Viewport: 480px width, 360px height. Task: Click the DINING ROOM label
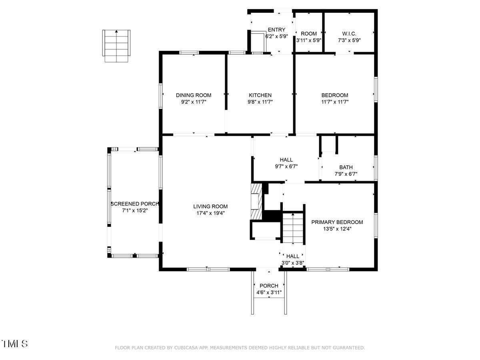click(x=194, y=95)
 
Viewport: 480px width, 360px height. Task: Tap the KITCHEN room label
click(x=260, y=95)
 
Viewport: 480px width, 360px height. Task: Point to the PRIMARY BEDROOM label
click(x=337, y=222)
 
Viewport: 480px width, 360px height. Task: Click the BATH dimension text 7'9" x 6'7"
click(x=346, y=174)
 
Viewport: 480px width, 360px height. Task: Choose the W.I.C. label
click(x=349, y=34)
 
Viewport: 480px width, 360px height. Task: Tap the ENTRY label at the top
click(x=276, y=30)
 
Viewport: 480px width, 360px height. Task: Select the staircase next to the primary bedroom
click(x=293, y=228)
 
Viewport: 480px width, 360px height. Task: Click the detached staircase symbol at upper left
click(x=116, y=45)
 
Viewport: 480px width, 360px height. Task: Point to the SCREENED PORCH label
click(x=134, y=204)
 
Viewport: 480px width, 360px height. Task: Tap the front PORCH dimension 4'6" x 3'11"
click(x=269, y=292)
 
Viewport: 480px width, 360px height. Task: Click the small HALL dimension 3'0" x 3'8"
click(x=293, y=263)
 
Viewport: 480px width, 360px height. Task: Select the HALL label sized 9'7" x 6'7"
click(x=286, y=160)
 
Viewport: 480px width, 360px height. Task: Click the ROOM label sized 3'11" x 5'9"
click(x=309, y=34)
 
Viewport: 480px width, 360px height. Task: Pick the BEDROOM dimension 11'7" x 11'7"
click(x=334, y=102)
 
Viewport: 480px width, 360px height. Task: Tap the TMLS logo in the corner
click(x=15, y=344)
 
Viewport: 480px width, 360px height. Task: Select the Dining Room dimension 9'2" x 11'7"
click(x=194, y=102)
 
